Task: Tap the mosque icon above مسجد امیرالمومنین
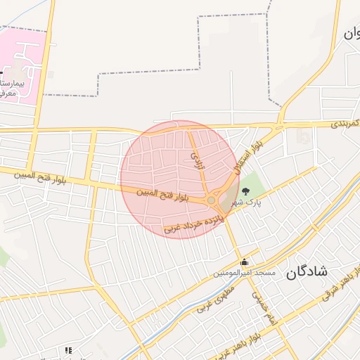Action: coord(244,262)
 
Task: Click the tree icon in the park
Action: coord(245,191)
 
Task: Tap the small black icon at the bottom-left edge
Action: coord(68,350)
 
